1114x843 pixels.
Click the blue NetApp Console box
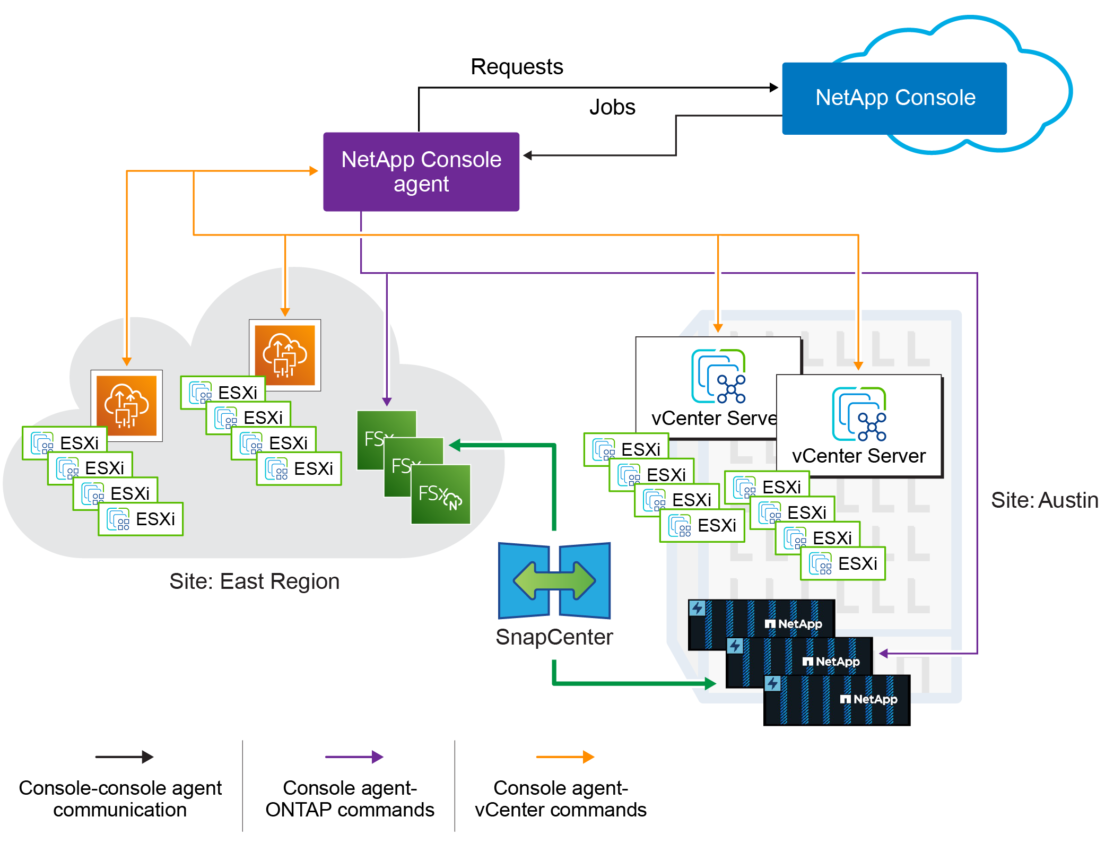[894, 98]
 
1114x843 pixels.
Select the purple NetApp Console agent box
[421, 171]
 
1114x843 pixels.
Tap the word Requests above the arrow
[517, 67]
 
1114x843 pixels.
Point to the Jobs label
[612, 107]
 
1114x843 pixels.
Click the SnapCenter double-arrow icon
[554, 580]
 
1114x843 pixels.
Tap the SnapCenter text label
[554, 637]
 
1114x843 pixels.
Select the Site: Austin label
[1044, 500]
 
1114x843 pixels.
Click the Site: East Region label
[254, 581]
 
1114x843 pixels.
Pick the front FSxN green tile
[441, 494]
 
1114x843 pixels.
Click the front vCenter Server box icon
[859, 414]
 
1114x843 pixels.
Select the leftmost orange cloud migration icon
[127, 405]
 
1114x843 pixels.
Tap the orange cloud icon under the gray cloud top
[285, 355]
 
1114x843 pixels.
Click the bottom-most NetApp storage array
[837, 700]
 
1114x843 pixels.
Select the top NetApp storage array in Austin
[761, 623]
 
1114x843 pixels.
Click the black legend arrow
[124, 757]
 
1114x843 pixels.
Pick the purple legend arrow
[354, 757]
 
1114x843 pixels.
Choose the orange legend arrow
[565, 757]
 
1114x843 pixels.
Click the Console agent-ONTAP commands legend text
[350, 799]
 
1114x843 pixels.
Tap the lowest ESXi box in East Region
[141, 519]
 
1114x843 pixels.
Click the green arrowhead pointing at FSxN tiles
[455, 445]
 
